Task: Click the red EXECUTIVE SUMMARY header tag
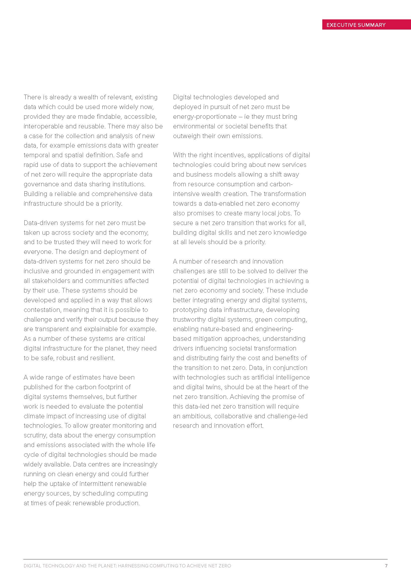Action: pos(356,25)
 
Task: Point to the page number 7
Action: pos(386,566)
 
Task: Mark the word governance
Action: pos(39,184)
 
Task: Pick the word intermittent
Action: pos(96,484)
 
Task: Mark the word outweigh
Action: pos(186,136)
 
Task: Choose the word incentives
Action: pos(227,155)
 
